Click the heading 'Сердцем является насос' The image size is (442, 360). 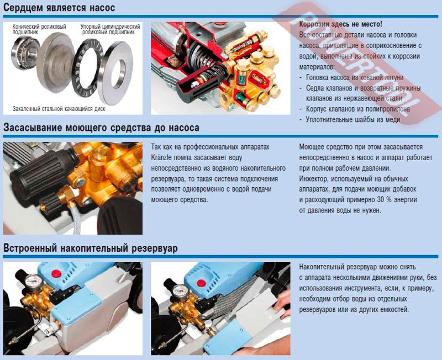[59, 8]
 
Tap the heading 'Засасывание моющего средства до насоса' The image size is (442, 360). [101, 128]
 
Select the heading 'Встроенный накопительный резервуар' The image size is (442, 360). [91, 248]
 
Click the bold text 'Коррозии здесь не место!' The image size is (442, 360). [340, 24]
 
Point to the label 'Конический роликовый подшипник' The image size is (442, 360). [39, 29]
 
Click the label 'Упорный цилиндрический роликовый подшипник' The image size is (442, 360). [110, 29]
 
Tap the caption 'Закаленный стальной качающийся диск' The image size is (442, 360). [59, 109]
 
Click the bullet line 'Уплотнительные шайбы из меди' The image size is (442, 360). [353, 119]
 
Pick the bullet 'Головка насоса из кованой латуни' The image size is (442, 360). [355, 77]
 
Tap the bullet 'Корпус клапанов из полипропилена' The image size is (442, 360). [357, 109]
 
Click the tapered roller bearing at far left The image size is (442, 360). [25, 52]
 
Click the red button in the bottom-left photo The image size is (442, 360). [56, 273]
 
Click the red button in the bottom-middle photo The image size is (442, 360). [201, 283]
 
